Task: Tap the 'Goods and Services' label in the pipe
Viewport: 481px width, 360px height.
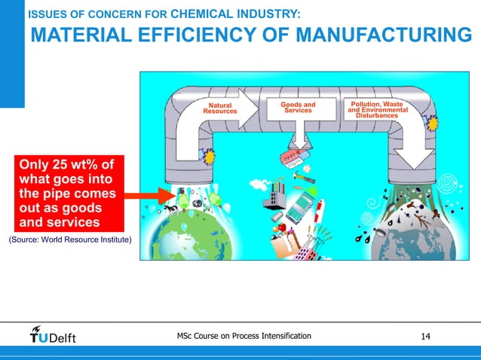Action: click(298, 107)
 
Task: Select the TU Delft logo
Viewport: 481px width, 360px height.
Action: click(53, 334)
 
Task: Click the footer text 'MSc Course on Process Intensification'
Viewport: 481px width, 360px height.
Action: click(244, 334)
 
